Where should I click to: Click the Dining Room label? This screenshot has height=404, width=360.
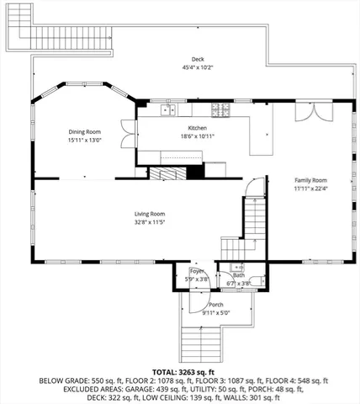point(84,131)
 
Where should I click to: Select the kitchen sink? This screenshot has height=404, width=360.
point(166,109)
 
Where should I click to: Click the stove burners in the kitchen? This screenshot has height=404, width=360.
point(220,109)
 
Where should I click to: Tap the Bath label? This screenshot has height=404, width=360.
point(239,274)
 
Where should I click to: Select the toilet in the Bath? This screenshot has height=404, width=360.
point(260,282)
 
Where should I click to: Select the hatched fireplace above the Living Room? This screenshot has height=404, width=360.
point(168,172)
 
